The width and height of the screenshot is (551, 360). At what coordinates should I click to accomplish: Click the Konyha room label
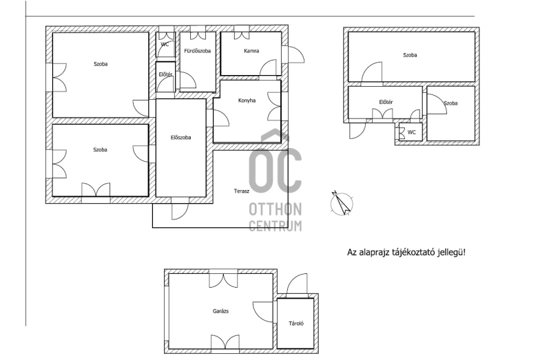pos(247,100)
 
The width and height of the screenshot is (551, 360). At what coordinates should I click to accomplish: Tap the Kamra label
pos(251,51)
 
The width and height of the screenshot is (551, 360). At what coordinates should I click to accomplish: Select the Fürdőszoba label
pos(198,51)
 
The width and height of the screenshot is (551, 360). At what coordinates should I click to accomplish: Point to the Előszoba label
pos(180,138)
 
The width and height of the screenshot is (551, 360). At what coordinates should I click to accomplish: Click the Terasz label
pos(242,191)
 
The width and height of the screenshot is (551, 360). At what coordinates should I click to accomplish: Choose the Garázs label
pos(220,311)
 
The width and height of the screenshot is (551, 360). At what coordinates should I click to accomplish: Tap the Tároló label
pos(296,324)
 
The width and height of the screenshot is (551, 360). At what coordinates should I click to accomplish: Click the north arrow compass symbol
pos(342,203)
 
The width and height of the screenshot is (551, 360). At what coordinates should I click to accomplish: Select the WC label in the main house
pos(165,44)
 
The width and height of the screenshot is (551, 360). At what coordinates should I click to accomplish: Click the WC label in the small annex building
pos(411,132)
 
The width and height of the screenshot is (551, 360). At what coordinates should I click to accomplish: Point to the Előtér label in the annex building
pos(386,102)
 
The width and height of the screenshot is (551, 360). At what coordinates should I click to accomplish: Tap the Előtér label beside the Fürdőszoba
pos(165,74)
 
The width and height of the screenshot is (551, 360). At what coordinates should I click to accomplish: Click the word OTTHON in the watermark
pos(275,209)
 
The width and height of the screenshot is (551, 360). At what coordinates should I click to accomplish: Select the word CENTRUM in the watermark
pos(275,226)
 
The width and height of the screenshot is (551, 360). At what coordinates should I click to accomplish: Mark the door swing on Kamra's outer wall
pos(296,55)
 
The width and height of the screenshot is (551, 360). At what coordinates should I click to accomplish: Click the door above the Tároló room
pos(297,286)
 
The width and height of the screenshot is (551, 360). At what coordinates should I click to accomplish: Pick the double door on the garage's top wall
pos(223,279)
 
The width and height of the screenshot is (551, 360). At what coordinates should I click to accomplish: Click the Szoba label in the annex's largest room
pos(410,55)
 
